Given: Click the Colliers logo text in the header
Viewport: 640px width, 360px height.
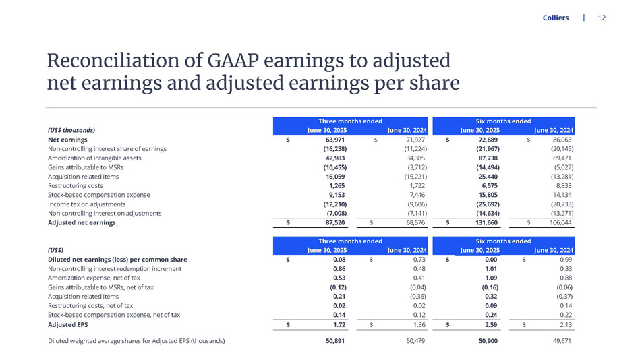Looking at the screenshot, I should coord(556,18).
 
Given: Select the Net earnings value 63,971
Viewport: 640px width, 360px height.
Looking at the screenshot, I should coord(335,139).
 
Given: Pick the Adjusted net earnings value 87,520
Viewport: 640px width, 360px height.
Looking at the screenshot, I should coord(335,222).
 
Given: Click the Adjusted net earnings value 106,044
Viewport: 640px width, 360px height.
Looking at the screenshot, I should coord(558,222).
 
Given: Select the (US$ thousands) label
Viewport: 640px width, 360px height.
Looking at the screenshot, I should coord(71,129).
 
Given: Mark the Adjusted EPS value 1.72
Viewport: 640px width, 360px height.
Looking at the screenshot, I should coord(339,326).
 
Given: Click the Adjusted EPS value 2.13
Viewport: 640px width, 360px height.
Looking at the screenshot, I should coord(565,326).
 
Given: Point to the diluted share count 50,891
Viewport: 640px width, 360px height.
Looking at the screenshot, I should coord(335,341).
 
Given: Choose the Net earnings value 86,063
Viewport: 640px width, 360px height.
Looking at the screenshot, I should coord(560,139).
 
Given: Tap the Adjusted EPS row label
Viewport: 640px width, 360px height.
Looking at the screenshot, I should coord(69,326).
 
